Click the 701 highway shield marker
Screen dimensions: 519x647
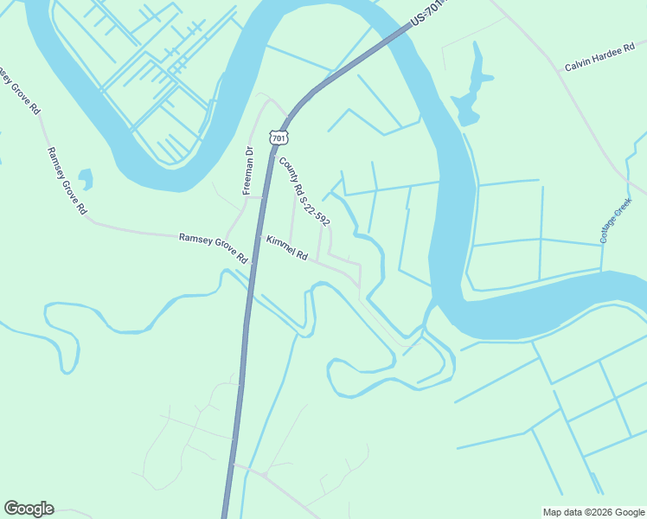278,138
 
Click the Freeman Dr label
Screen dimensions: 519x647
248,171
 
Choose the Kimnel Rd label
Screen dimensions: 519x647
287,248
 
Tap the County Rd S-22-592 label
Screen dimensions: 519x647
304,191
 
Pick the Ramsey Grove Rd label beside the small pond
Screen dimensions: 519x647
67,180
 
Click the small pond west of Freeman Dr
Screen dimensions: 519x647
85,179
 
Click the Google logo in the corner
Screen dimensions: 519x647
29,509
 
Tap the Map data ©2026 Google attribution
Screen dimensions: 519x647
593,512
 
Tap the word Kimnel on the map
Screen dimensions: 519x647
280,245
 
